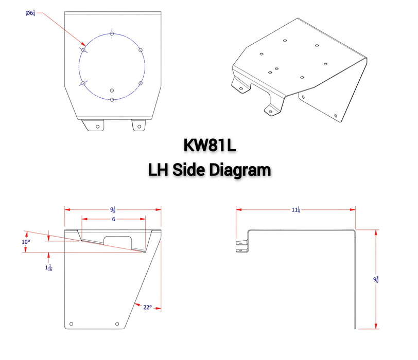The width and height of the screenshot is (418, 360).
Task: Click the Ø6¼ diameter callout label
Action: point(30,13)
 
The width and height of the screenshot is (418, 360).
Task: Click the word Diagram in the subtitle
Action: point(238,169)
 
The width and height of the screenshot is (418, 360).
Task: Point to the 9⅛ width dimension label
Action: point(113,209)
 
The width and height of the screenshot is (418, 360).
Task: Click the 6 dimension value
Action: point(113,219)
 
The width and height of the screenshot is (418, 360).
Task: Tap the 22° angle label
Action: point(147,307)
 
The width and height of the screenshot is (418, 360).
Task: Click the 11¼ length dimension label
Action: point(295,209)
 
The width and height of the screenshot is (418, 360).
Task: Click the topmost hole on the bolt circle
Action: point(112,34)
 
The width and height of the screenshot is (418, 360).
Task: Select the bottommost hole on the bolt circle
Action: point(112,99)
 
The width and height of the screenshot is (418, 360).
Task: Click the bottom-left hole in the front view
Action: point(72,323)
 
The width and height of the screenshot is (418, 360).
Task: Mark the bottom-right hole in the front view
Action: point(117,323)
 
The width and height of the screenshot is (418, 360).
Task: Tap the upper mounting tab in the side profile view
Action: point(241,241)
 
